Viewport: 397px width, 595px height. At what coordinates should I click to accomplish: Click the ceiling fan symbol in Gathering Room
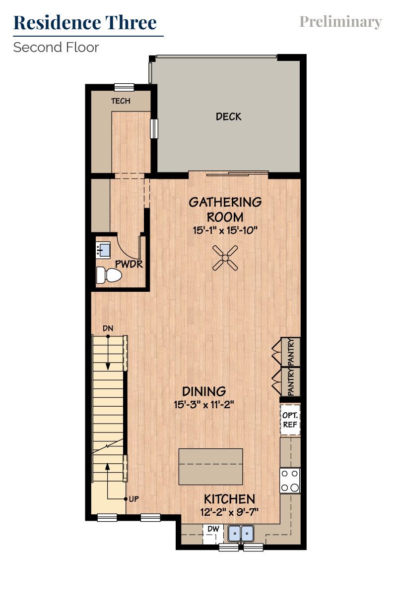pyautogui.click(x=225, y=258)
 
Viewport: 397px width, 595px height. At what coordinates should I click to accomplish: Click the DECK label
pyautogui.click(x=229, y=117)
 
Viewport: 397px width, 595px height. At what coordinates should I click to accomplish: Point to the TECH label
pyautogui.click(x=121, y=101)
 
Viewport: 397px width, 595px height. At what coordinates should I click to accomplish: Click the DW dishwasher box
pyautogui.click(x=213, y=530)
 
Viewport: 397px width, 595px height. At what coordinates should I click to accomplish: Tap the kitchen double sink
pyautogui.click(x=241, y=534)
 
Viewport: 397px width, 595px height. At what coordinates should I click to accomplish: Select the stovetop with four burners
pyautogui.click(x=290, y=480)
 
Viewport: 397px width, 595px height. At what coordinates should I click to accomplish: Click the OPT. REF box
pyautogui.click(x=290, y=420)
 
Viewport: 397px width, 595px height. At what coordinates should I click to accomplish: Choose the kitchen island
pyautogui.click(x=211, y=467)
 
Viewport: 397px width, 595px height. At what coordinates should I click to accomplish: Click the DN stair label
pyautogui.click(x=108, y=328)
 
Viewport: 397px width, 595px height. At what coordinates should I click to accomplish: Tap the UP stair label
pyautogui.click(x=133, y=499)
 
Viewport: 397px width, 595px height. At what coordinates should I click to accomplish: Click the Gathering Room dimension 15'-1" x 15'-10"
pyautogui.click(x=225, y=230)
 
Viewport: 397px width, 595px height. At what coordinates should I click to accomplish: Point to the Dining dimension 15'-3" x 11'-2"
pyautogui.click(x=204, y=404)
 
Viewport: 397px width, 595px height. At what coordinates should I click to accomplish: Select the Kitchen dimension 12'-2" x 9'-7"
pyautogui.click(x=230, y=512)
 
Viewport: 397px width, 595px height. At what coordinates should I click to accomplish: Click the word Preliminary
pyautogui.click(x=340, y=22)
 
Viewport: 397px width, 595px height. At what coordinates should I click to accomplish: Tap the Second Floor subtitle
pyautogui.click(x=56, y=48)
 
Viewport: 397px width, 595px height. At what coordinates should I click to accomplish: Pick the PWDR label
pyautogui.click(x=129, y=265)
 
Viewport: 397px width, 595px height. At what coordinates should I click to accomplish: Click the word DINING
pyautogui.click(x=204, y=391)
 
